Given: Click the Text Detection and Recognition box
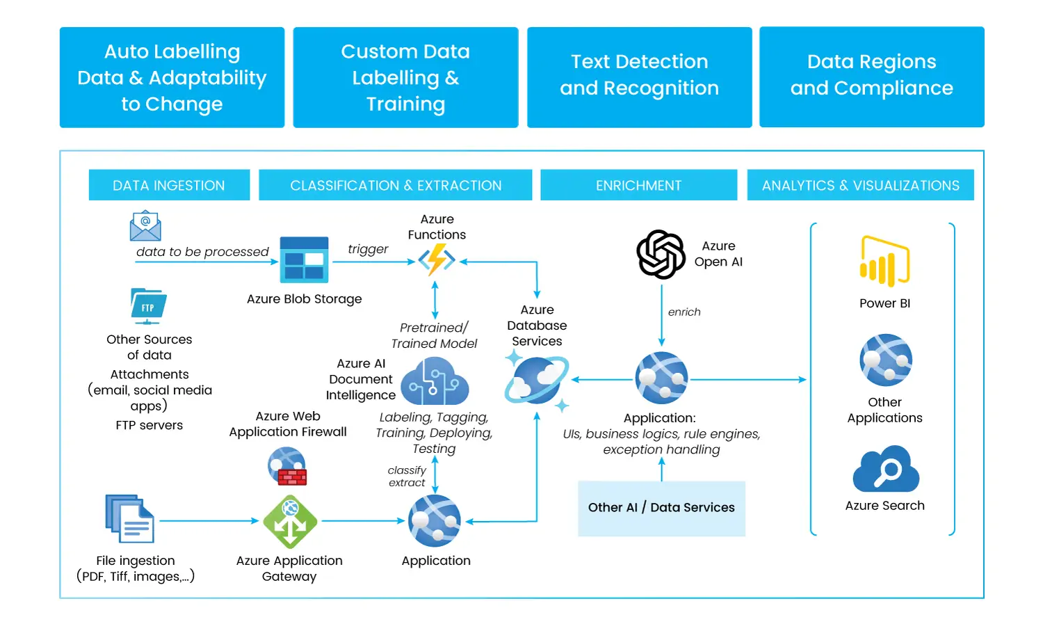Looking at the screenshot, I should click(x=639, y=77).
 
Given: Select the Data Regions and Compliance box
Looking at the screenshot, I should click(x=871, y=77).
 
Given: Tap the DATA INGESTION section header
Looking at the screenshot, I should click(x=169, y=185).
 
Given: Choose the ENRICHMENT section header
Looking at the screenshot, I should click(x=638, y=185).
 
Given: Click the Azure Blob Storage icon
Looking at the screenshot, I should click(x=304, y=260).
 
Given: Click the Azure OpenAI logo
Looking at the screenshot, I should click(x=661, y=254).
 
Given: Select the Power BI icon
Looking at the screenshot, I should click(x=884, y=262).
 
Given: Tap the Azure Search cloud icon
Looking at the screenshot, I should click(x=886, y=470).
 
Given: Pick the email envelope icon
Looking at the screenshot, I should click(x=145, y=226).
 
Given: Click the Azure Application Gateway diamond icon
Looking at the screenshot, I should click(x=290, y=522).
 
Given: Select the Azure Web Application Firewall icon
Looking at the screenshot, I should click(x=287, y=466).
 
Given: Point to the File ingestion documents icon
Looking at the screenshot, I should click(x=130, y=519).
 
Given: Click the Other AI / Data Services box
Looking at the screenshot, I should click(x=661, y=508).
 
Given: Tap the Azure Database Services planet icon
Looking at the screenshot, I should click(x=537, y=380).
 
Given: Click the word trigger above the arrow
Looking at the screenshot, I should click(x=368, y=249).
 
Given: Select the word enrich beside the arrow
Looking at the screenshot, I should click(x=684, y=312).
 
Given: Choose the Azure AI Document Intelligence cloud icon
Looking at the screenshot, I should click(x=435, y=382).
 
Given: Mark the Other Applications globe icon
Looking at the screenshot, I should click(x=885, y=360).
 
